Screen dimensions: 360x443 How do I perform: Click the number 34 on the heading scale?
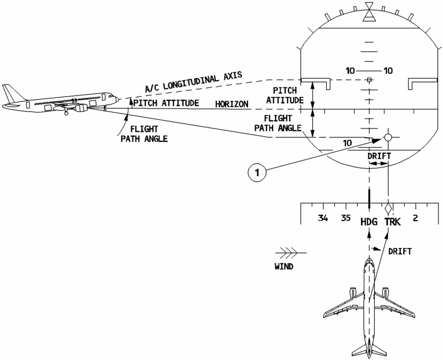[323, 218]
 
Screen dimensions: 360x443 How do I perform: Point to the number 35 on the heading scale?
[347, 218]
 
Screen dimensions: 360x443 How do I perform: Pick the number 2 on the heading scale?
[415, 218]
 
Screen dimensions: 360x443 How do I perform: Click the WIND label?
[284, 266]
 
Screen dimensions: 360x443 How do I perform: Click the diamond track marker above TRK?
[389, 207]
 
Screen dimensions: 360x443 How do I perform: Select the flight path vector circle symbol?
[388, 137]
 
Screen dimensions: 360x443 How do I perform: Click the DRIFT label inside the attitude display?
[379, 156]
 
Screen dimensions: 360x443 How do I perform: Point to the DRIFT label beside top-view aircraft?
[400, 251]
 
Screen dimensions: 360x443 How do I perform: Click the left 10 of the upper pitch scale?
[350, 70]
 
